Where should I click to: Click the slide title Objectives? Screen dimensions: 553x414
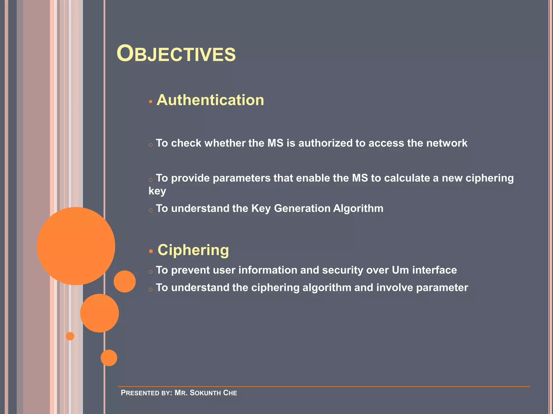(x=176, y=54)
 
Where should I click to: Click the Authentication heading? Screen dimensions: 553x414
(x=210, y=100)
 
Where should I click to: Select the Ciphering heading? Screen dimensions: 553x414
(x=193, y=250)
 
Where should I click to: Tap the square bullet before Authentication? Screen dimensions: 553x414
(x=151, y=102)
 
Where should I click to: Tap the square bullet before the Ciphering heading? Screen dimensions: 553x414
(x=151, y=251)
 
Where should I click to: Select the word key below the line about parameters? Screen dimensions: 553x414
(x=157, y=191)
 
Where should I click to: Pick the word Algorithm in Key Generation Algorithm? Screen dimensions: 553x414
(x=358, y=208)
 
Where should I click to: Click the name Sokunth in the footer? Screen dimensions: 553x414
(x=205, y=393)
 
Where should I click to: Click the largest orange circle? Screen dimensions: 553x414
(x=76, y=246)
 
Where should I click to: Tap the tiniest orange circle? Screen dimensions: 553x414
(x=70, y=336)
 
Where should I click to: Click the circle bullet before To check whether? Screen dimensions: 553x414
(x=151, y=145)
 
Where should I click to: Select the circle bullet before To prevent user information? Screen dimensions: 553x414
(x=151, y=272)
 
